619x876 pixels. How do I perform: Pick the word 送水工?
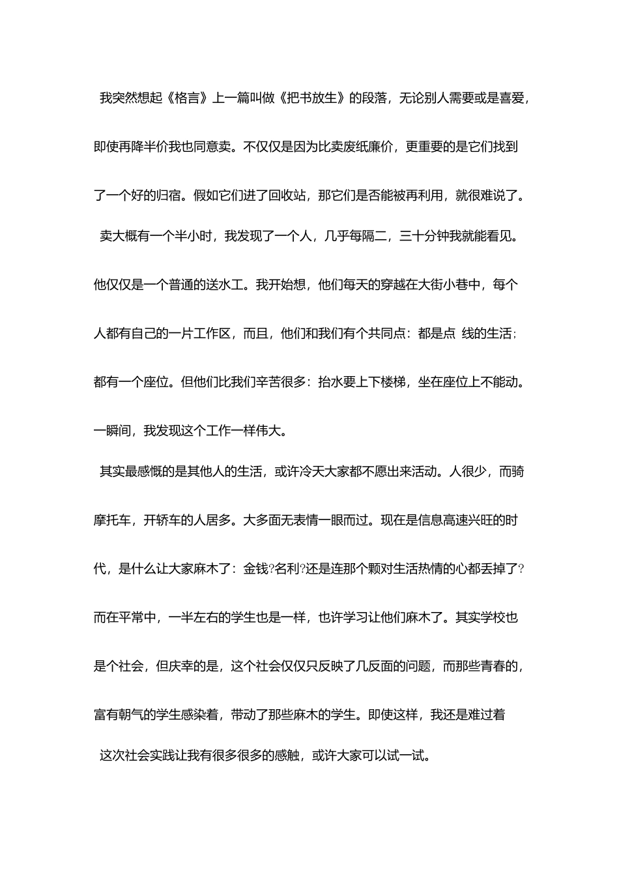(224, 285)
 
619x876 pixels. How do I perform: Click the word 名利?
(287, 568)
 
